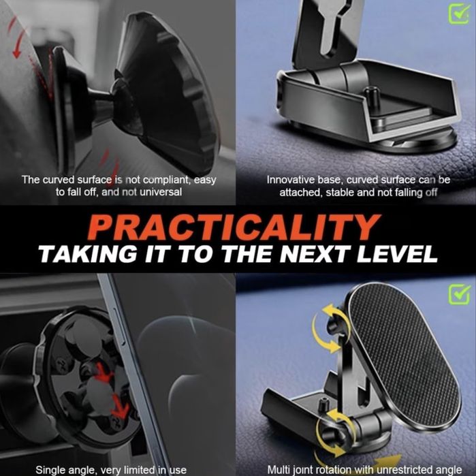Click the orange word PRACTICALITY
coord(234,227)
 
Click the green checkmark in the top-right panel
coord(459,13)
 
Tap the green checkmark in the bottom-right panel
coord(460,294)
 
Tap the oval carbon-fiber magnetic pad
coord(404,355)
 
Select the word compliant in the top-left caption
coord(167,180)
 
